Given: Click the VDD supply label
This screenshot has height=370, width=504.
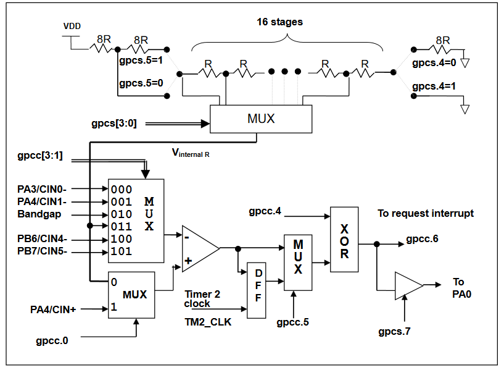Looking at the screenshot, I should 72,27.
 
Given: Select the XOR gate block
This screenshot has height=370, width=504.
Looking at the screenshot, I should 344,239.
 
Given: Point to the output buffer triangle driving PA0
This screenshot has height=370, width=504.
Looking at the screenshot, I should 408,285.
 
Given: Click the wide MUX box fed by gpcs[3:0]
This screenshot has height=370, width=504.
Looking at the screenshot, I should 261,117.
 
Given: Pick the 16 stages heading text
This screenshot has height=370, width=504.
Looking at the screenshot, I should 280,22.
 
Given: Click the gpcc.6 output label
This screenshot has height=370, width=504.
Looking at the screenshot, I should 422,238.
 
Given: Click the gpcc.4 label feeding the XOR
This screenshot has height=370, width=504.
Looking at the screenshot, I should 265,212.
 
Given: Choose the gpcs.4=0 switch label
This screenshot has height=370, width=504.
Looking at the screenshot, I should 434,63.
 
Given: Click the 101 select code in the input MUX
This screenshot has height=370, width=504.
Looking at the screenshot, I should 121,251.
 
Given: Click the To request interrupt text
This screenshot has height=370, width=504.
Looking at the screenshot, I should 426,213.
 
